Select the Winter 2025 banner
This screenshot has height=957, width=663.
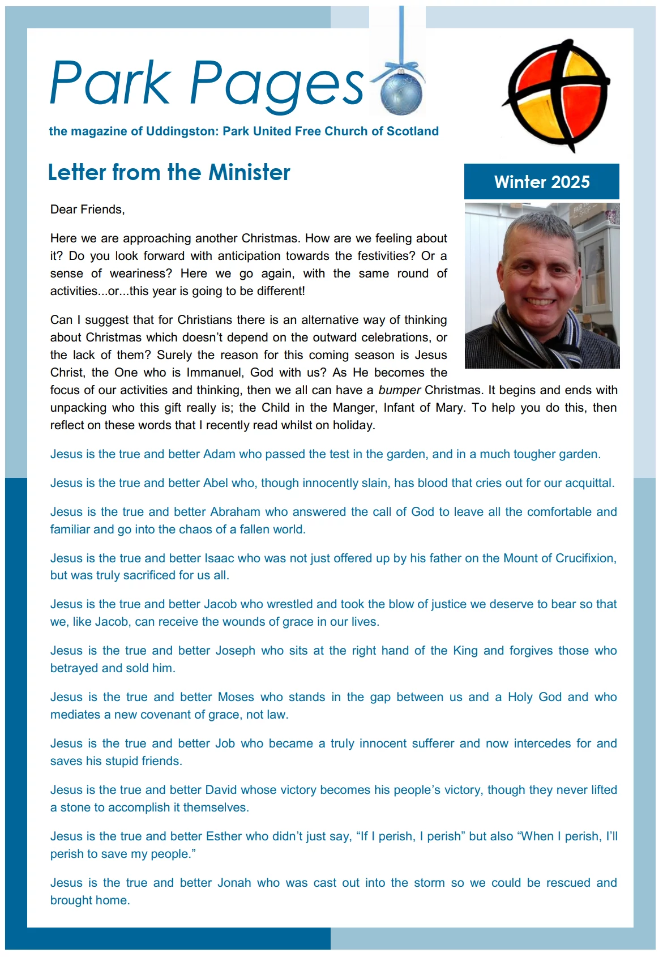pos(541,182)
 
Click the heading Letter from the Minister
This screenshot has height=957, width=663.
pos(169,172)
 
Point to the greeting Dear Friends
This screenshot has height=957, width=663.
pos(87,210)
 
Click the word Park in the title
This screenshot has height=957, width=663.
pos(110,84)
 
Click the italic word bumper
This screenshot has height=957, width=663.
pos(399,390)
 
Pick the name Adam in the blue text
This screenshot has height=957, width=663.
pos(219,454)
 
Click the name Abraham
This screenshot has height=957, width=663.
pos(235,512)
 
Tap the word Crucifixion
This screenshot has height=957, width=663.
pos(585,558)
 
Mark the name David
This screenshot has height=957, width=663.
pos(221,790)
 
